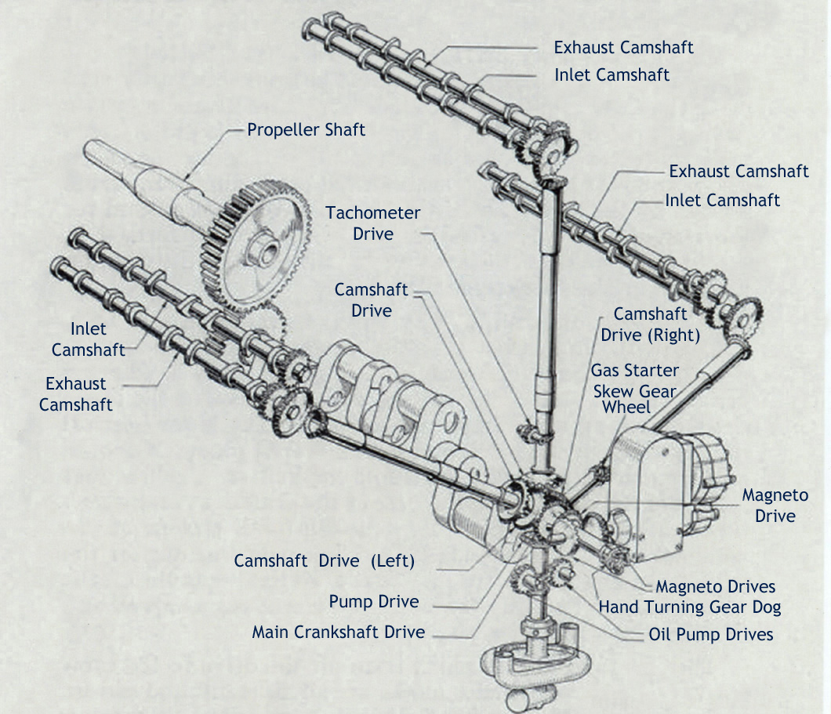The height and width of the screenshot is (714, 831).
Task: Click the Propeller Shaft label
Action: tap(306, 129)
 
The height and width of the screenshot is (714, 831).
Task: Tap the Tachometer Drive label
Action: tap(373, 223)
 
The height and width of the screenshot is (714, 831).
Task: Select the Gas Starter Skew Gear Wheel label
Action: tap(635, 388)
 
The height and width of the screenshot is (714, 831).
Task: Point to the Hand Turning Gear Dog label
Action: tap(690, 607)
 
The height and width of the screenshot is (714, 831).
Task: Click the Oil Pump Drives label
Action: tap(711, 634)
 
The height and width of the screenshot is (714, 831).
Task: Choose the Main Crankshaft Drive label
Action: tap(338, 632)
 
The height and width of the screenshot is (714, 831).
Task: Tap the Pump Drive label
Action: tap(373, 602)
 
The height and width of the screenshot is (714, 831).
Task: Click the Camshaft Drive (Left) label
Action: tap(324, 561)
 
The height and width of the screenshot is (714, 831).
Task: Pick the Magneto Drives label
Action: tap(715, 586)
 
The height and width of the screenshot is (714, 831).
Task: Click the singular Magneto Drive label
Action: tap(775, 506)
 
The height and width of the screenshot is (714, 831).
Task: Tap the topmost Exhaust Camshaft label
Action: tap(623, 47)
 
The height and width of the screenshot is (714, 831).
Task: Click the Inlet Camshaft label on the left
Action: tap(88, 339)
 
